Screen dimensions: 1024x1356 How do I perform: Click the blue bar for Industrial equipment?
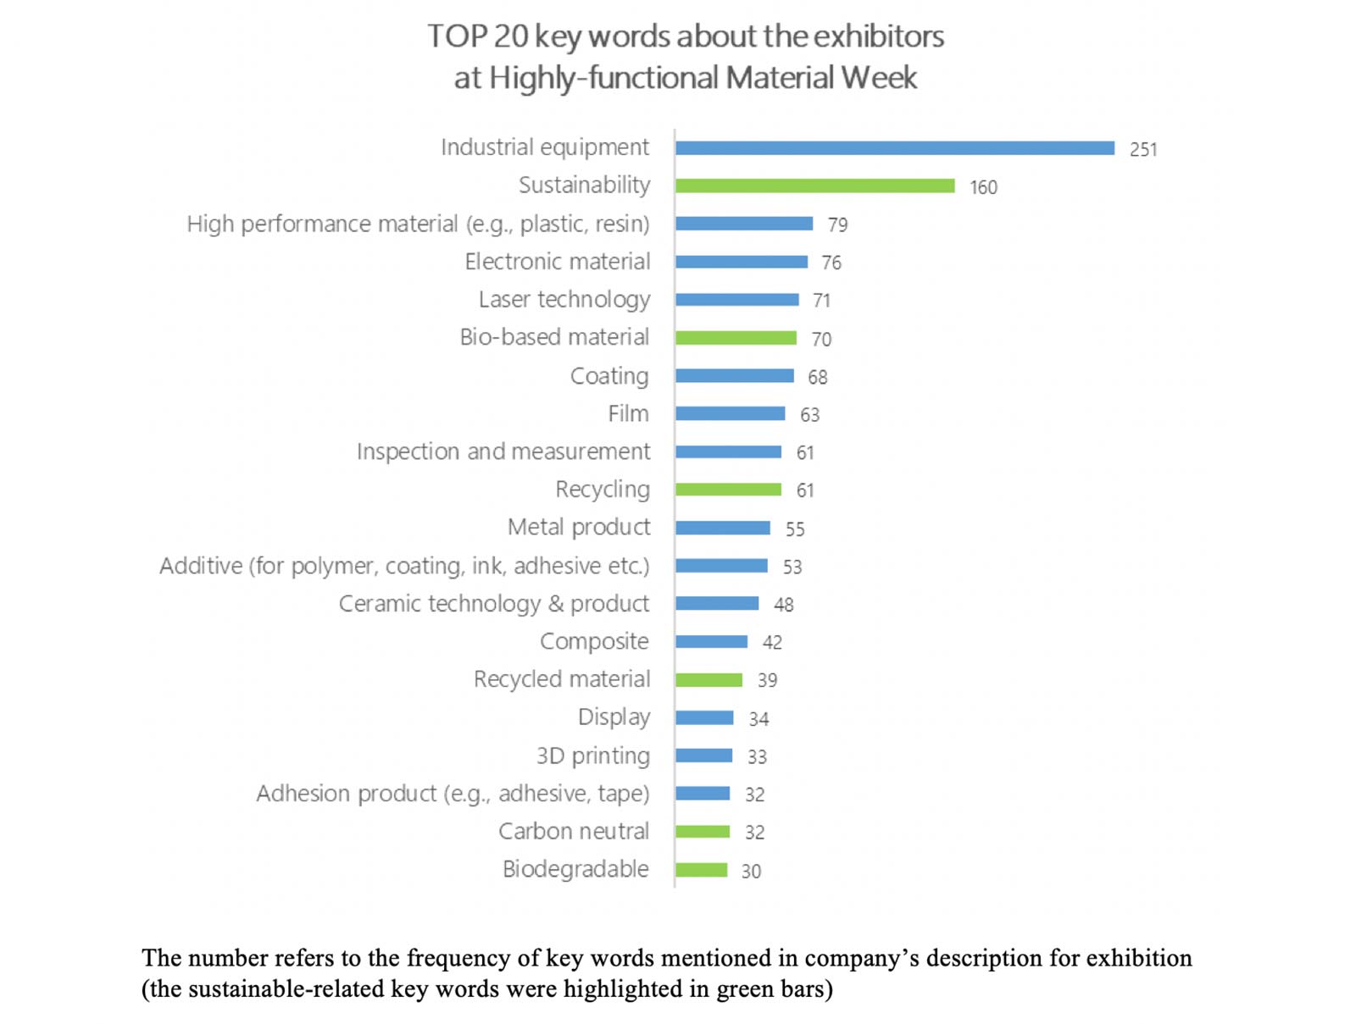[x=894, y=148]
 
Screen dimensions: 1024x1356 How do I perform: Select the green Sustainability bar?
[x=814, y=186]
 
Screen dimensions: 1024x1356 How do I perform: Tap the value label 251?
[x=1142, y=150]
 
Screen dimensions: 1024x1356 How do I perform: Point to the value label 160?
[x=983, y=187]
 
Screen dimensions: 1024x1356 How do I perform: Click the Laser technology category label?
[x=564, y=300]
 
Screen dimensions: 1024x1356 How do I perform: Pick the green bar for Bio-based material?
[x=736, y=338]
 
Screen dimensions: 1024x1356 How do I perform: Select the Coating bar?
[x=734, y=376]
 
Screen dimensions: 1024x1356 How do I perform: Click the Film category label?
[x=628, y=414]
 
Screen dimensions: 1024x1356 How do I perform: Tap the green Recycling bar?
[x=728, y=490]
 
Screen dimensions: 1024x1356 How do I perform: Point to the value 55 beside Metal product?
[x=794, y=529]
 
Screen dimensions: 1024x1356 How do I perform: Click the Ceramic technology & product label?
[x=493, y=604]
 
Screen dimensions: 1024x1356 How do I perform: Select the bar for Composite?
[x=711, y=642]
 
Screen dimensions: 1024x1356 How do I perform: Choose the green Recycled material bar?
[x=709, y=680]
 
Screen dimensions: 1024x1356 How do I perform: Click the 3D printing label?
[x=592, y=756]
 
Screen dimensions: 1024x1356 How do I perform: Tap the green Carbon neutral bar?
[x=703, y=832]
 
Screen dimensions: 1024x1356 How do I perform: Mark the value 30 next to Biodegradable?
[x=751, y=872]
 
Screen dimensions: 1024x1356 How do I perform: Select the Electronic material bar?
[x=741, y=263]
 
